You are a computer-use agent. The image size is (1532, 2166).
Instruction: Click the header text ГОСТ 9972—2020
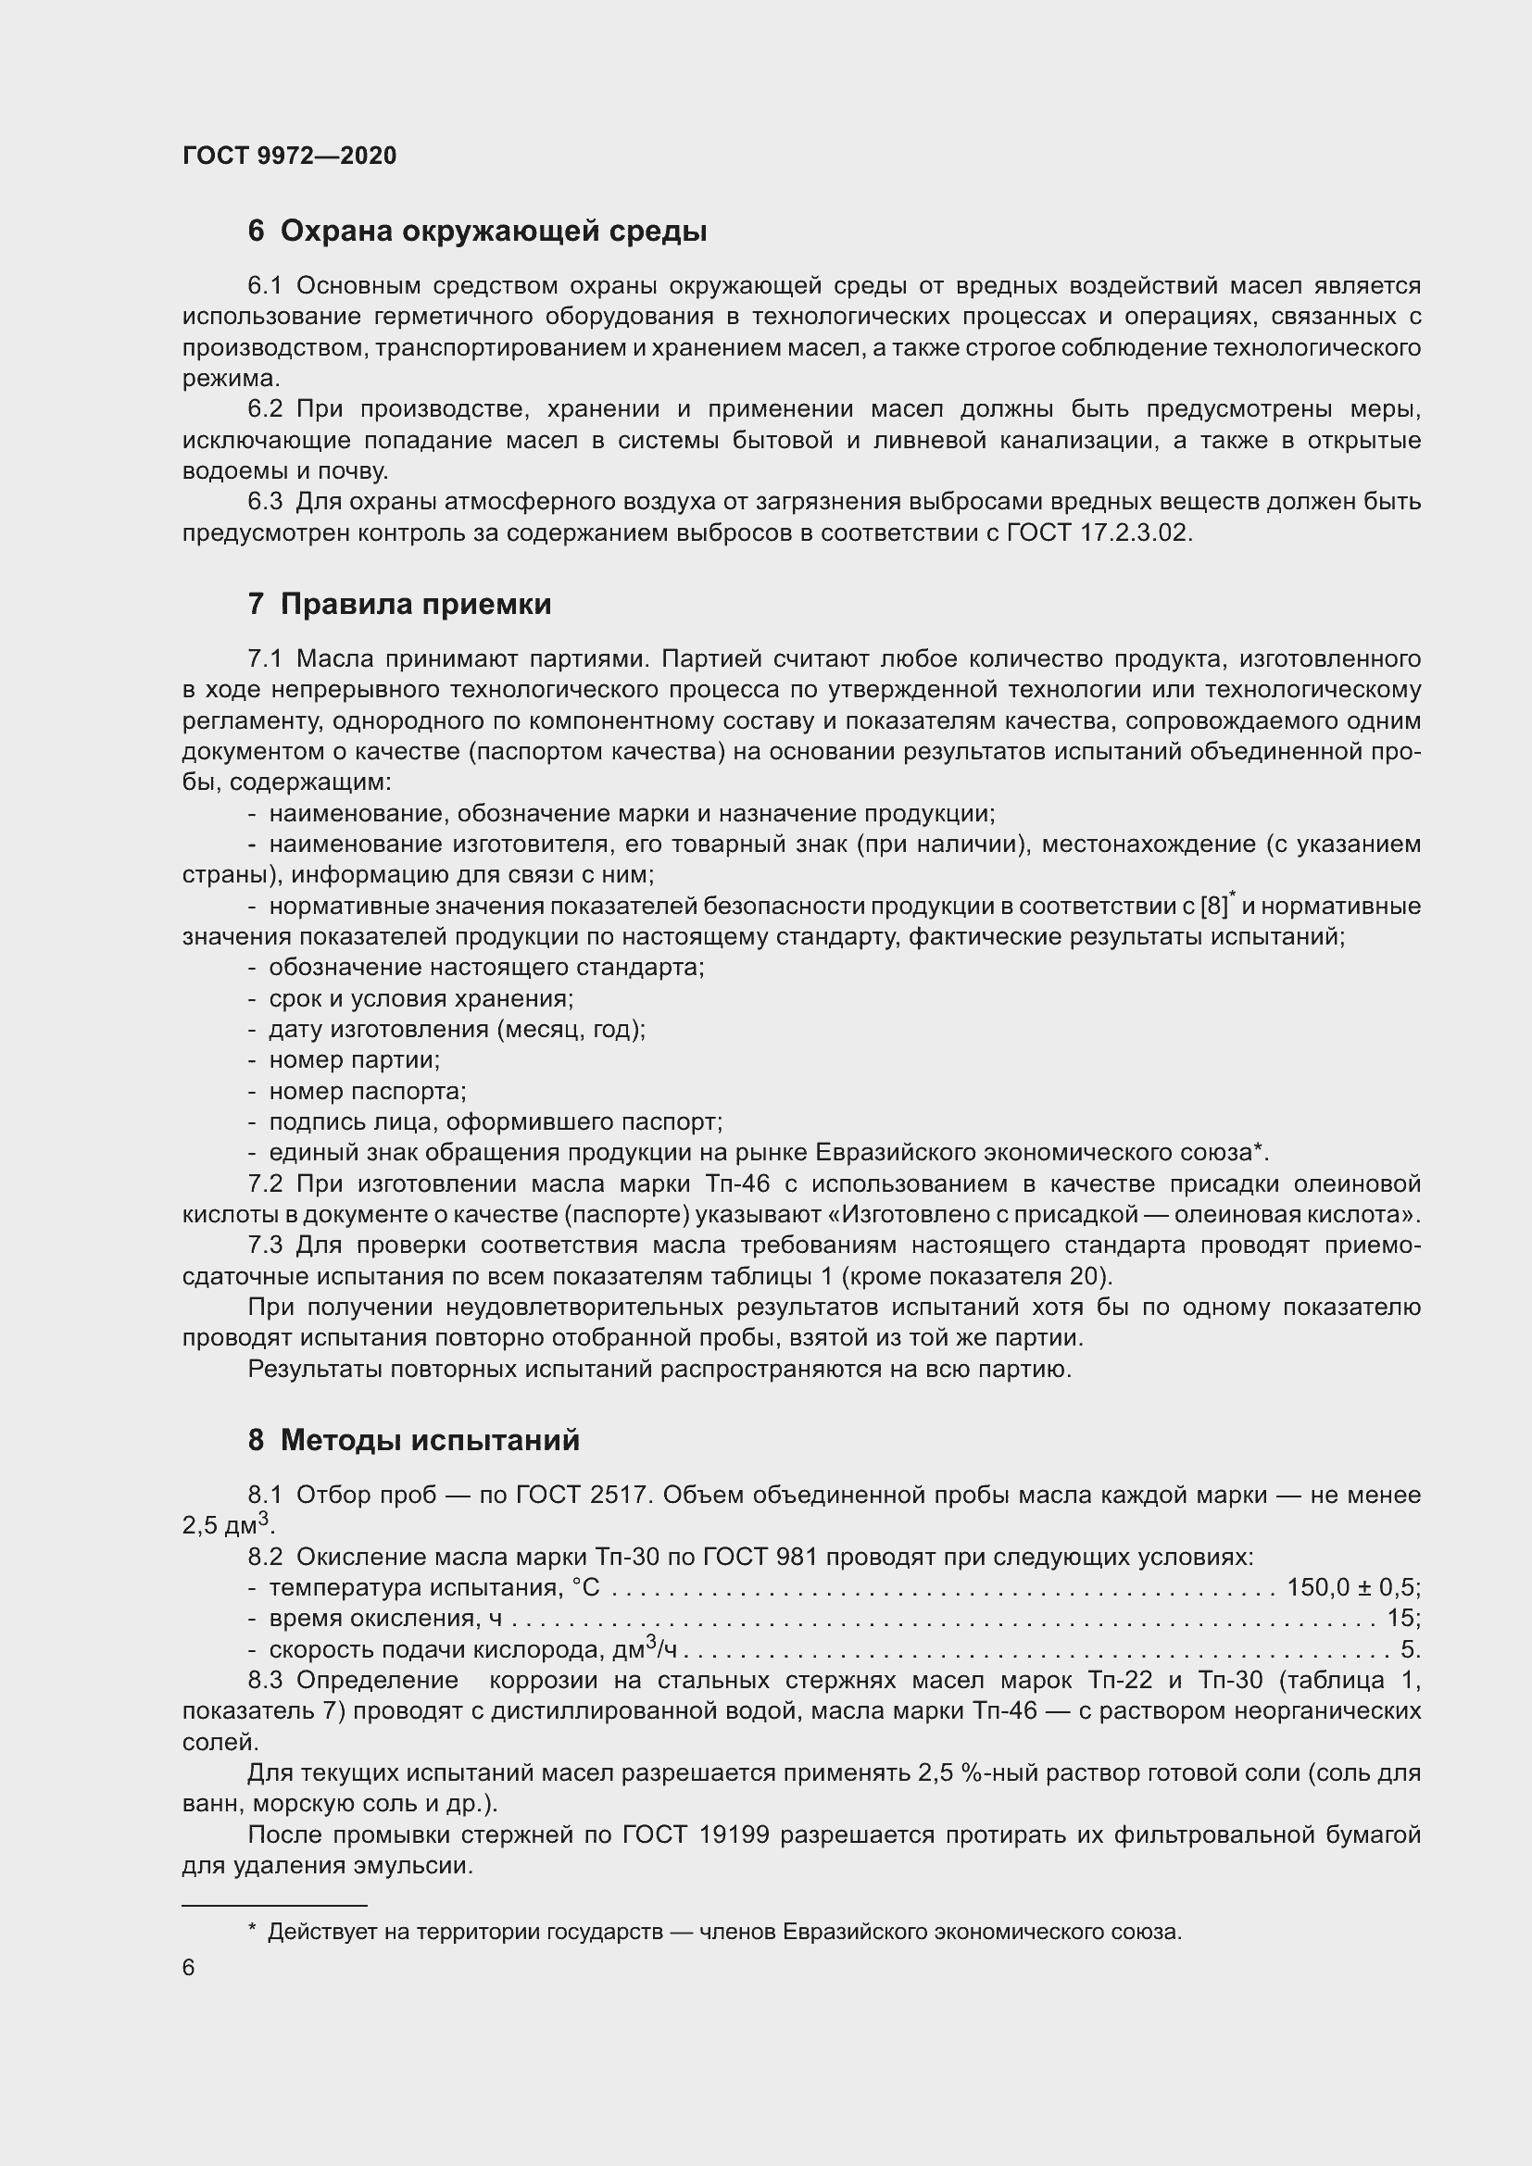[x=290, y=156]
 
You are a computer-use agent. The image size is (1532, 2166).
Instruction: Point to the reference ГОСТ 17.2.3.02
[x=1099, y=533]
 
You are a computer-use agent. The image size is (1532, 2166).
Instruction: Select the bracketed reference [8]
[x=1214, y=907]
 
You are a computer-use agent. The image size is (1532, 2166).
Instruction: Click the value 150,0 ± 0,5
[x=1350, y=1588]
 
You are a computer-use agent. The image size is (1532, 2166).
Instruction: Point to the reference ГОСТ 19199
[x=697, y=1834]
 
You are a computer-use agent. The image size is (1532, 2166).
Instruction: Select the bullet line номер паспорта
[x=367, y=1092]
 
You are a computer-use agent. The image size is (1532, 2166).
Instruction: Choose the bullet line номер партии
[x=355, y=1060]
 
